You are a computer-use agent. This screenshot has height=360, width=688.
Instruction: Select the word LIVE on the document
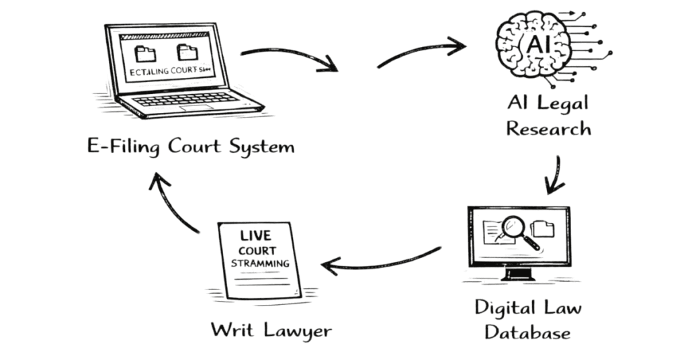(x=255, y=236)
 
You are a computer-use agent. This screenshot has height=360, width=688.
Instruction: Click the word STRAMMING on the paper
(x=260, y=263)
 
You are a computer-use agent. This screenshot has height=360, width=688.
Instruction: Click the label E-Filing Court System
(x=191, y=146)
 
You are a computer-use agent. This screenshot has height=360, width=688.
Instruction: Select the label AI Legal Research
(x=548, y=116)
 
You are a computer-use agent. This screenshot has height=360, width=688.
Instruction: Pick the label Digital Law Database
(x=527, y=319)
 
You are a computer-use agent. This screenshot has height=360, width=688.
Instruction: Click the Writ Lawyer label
(x=271, y=330)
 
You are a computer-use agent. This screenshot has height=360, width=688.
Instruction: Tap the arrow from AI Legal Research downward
(x=555, y=176)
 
